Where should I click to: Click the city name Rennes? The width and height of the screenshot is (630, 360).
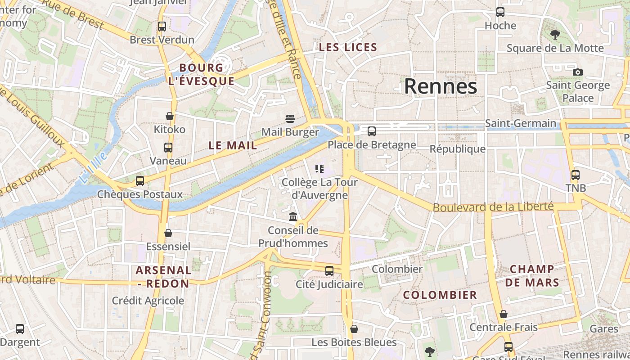(x=440, y=86)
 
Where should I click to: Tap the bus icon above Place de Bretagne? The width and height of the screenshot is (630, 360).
(x=372, y=131)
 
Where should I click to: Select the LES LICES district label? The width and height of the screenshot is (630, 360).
(x=348, y=47)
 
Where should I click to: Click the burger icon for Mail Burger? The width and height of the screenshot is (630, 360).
(x=290, y=119)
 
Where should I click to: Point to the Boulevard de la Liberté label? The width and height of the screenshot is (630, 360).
(x=493, y=207)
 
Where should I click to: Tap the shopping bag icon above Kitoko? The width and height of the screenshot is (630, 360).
(x=170, y=116)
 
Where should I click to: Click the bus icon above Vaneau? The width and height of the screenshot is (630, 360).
(x=168, y=147)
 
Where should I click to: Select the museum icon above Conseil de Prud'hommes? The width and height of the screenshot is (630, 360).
(x=293, y=217)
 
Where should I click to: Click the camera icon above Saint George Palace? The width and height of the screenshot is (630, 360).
(x=578, y=72)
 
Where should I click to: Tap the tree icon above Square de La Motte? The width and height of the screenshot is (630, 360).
(x=555, y=34)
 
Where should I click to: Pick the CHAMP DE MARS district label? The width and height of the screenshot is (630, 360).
(x=532, y=276)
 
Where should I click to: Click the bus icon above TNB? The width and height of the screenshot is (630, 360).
(x=575, y=175)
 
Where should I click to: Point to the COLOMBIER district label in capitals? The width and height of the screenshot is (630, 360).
(x=440, y=295)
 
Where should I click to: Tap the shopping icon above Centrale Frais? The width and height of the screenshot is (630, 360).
(x=504, y=314)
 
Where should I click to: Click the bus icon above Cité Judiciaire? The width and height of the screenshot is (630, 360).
(x=329, y=270)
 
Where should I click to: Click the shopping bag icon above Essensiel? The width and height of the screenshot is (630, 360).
(x=168, y=233)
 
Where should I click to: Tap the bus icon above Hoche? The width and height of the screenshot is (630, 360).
(x=500, y=12)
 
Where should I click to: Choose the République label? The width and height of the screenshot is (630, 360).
(x=458, y=149)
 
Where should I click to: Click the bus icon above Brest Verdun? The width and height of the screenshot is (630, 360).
(x=162, y=26)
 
